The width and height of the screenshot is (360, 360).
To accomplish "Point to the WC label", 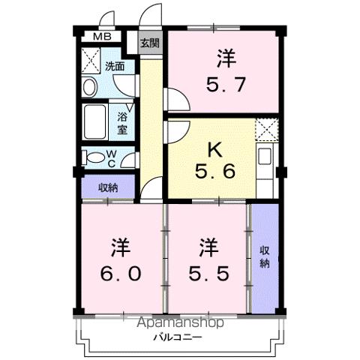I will [109, 157].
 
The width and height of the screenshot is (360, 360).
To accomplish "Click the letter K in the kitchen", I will [214, 149].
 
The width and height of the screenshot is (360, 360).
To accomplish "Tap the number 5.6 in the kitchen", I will [214, 172].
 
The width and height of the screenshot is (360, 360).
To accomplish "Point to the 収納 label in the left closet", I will [109, 187].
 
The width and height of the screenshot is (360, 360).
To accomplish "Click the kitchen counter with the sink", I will [266, 158].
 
